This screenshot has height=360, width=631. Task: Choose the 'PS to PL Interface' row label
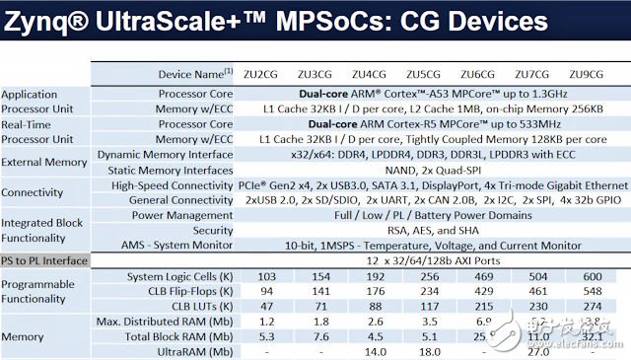coord(43,260)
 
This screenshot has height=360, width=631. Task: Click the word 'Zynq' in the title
coord(38,21)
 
